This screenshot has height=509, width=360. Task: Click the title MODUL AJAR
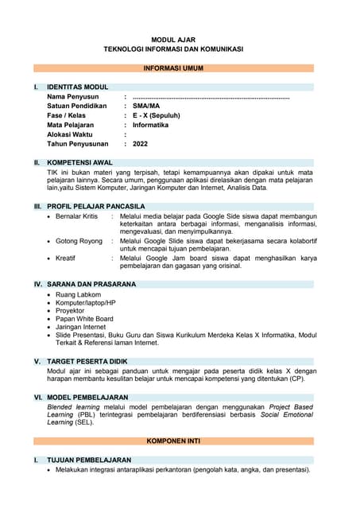[173, 39]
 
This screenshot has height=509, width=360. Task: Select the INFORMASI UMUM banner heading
[173, 68]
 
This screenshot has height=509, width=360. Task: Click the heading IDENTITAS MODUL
[78, 87]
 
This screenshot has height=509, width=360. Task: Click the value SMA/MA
[146, 106]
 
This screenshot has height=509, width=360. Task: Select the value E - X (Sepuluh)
[157, 115]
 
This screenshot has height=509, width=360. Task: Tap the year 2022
[141, 144]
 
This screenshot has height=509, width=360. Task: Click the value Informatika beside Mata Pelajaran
[150, 125]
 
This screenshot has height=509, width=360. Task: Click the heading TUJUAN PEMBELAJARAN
[89, 460]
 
